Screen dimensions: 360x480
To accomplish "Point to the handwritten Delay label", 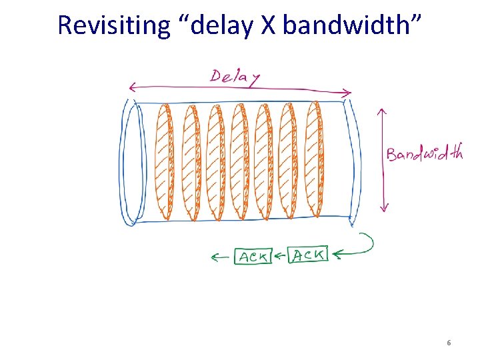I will (x=235, y=76).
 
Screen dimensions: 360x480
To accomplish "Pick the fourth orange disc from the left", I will (x=239, y=161).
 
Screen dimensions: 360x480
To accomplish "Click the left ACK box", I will (x=253, y=256).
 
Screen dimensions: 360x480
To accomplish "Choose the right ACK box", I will (x=308, y=254).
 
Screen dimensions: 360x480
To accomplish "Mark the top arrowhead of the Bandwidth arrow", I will (x=383, y=111).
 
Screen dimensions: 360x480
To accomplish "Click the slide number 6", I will (x=449, y=343).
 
